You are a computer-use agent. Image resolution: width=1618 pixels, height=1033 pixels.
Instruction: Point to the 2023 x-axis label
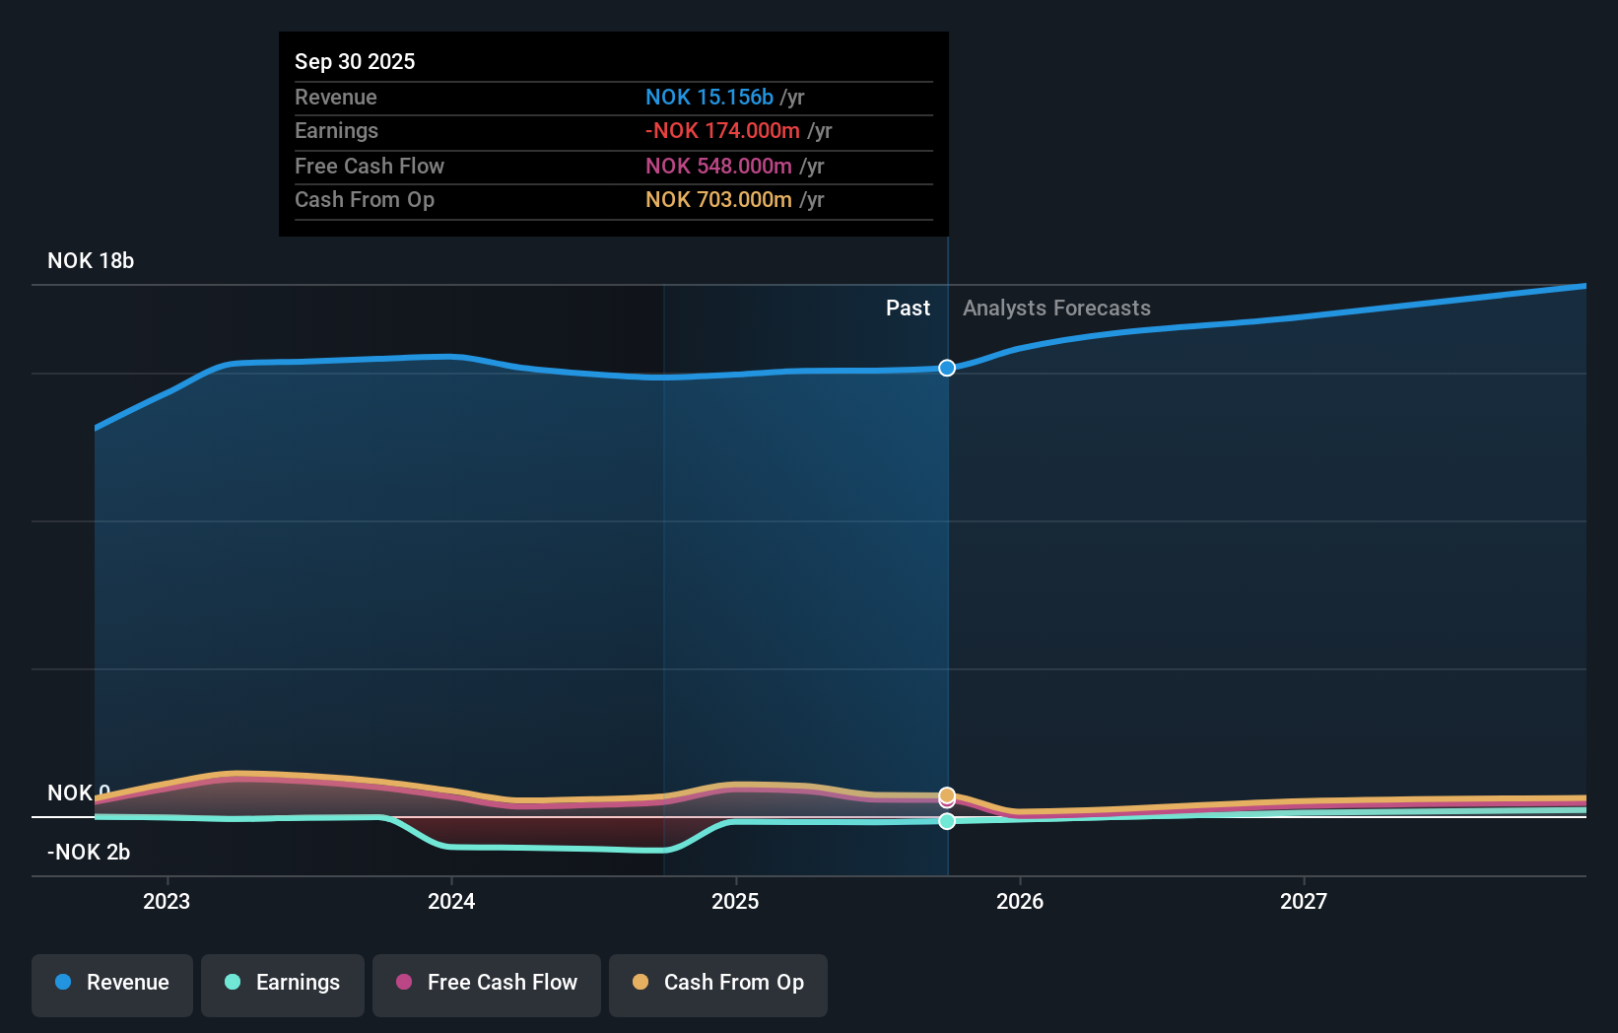pyautogui.click(x=167, y=902)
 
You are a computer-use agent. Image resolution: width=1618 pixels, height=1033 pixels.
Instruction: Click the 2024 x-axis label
pyautogui.click(x=451, y=902)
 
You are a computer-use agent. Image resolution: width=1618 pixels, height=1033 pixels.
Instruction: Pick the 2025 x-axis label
pyautogui.click(x=735, y=902)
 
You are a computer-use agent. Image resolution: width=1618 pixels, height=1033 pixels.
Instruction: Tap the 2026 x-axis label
pyautogui.click(x=1020, y=902)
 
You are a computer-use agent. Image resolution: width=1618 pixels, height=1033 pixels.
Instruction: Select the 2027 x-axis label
pyautogui.click(x=1304, y=902)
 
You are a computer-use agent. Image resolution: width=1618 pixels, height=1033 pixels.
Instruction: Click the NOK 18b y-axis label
pyautogui.click(x=91, y=261)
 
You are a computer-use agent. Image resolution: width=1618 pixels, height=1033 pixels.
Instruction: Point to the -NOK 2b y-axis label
pyautogui.click(x=89, y=853)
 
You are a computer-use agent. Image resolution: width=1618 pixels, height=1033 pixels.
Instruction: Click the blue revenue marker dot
pyautogui.click(x=947, y=369)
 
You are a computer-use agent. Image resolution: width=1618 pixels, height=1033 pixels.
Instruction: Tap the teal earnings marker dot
pyautogui.click(x=947, y=821)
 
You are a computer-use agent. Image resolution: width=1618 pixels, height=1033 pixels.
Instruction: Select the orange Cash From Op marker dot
pyautogui.click(x=947, y=795)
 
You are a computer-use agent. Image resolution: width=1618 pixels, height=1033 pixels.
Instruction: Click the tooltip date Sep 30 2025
pyautogui.click(x=355, y=61)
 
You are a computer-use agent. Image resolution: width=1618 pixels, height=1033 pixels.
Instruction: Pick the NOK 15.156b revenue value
pyautogui.click(x=709, y=97)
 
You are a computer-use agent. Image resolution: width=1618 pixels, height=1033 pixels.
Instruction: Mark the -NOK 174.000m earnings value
pyautogui.click(x=722, y=131)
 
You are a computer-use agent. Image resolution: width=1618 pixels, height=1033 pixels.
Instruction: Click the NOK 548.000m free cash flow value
pyautogui.click(x=718, y=167)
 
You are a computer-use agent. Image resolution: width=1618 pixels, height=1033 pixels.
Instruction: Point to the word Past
pyautogui.click(x=908, y=309)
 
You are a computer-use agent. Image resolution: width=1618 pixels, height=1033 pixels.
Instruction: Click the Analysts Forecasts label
pyautogui.click(x=1056, y=309)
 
